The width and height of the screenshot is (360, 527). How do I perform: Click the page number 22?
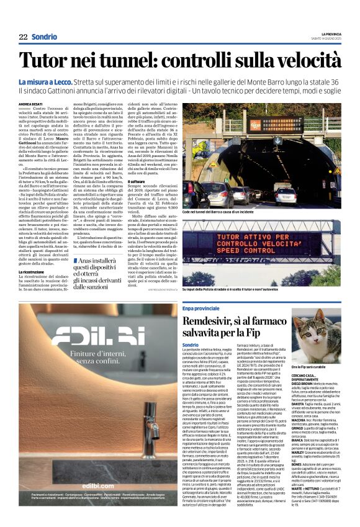23,37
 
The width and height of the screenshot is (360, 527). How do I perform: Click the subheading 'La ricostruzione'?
35,271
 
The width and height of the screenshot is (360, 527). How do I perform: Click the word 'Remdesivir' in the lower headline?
217,321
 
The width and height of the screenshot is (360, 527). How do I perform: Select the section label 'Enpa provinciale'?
201,307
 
